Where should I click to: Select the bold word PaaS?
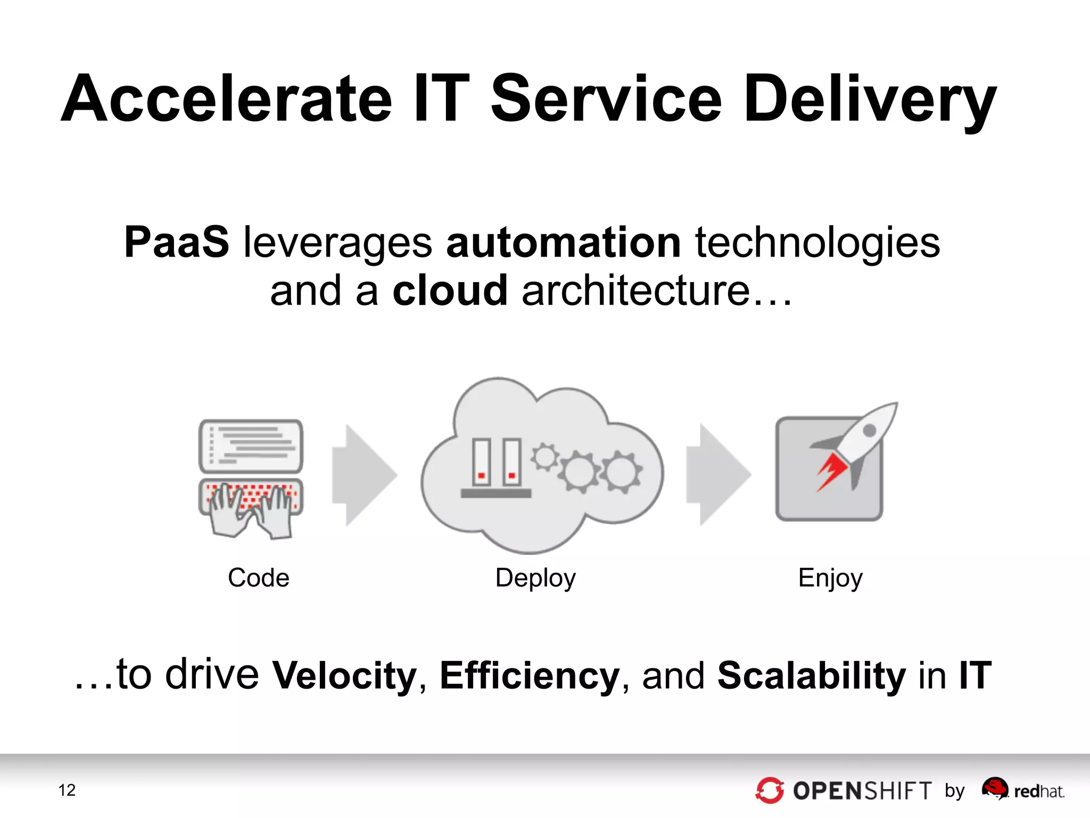[x=176, y=243]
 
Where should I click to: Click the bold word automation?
[x=563, y=243]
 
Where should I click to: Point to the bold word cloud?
[x=450, y=291]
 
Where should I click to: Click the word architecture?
[x=636, y=291]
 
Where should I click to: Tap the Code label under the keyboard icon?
[x=259, y=577]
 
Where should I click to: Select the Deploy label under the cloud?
[x=535, y=577]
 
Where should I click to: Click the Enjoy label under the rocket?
[x=830, y=577]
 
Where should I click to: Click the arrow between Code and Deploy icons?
[x=364, y=475]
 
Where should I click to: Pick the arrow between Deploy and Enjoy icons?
[x=719, y=475]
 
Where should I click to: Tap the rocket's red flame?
[x=830, y=472]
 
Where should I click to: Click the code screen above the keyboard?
[x=251, y=446]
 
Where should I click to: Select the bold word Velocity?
[x=344, y=675]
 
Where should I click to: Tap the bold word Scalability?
[x=811, y=675]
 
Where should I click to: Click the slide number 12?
[x=67, y=790]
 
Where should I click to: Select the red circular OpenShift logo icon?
[x=770, y=790]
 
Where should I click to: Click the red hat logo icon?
[x=995, y=788]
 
